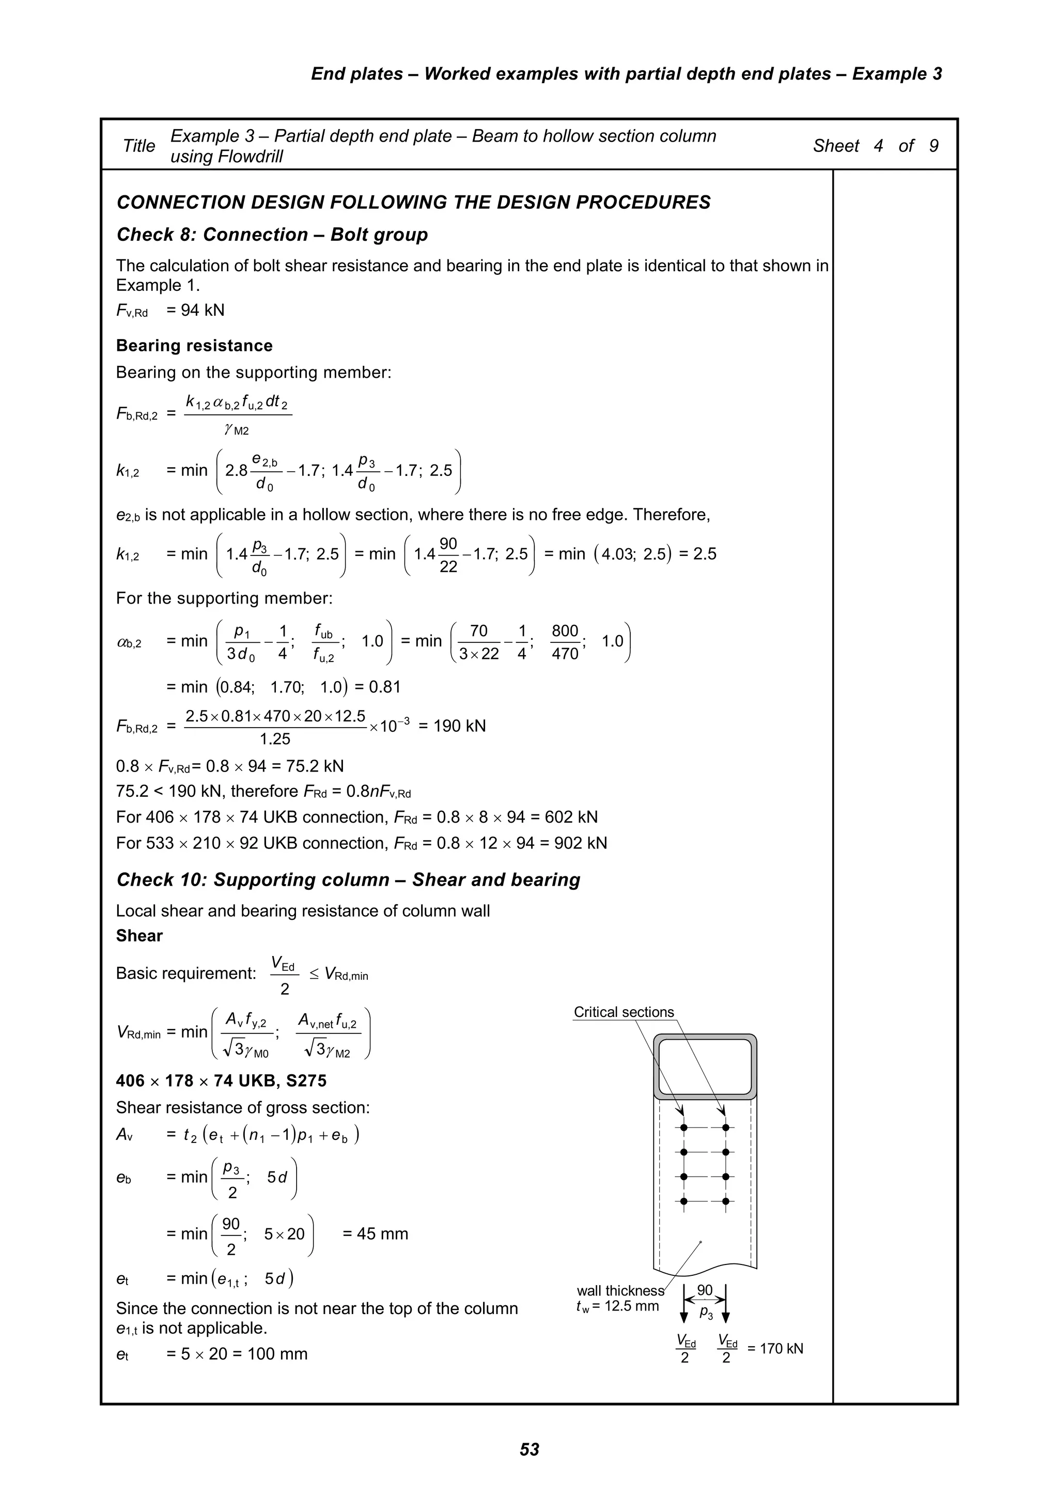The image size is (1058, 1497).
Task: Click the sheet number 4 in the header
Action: pos(878,146)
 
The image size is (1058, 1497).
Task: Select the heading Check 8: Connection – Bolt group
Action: pos(272,235)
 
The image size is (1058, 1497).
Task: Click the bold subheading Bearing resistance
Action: pos(194,346)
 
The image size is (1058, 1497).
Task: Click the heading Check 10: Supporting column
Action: pos(348,880)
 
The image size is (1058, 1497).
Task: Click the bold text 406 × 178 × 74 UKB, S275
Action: pos(221,1081)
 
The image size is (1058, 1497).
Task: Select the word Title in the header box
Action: pos(139,146)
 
